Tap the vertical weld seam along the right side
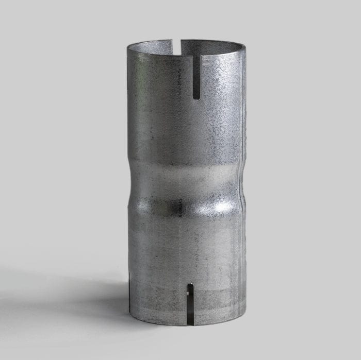pos(240,129)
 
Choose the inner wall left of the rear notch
pos(155,46)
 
